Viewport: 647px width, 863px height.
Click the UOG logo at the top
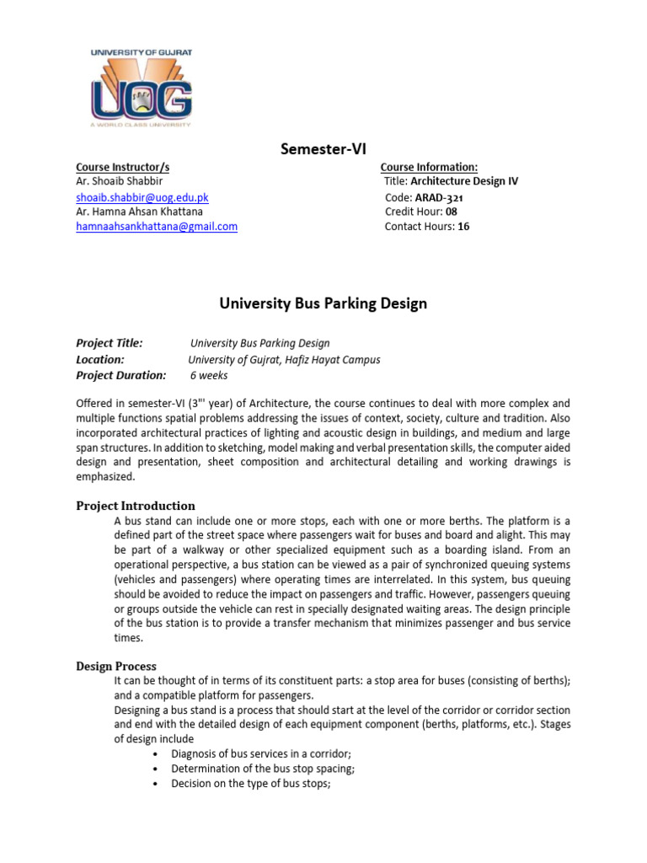click(x=142, y=88)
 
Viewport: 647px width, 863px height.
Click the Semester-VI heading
click(x=323, y=149)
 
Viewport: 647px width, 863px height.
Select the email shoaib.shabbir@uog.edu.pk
click(x=142, y=197)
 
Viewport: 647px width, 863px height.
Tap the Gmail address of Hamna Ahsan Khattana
click(x=157, y=227)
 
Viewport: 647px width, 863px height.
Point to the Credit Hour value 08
click(x=452, y=212)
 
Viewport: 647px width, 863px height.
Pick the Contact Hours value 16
click(x=463, y=227)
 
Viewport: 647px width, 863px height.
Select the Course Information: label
click(x=429, y=168)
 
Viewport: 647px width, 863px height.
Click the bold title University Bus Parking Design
click(x=323, y=303)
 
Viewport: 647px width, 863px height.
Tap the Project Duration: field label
click(x=120, y=375)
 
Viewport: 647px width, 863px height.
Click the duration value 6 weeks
click(x=209, y=376)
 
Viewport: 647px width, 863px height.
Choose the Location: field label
click(x=100, y=359)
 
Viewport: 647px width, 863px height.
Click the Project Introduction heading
click(x=136, y=506)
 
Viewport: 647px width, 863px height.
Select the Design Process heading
click(x=116, y=666)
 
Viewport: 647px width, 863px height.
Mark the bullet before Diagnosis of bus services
click(x=158, y=753)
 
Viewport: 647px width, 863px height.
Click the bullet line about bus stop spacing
click(x=262, y=769)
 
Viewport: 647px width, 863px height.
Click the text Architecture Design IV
click(x=464, y=182)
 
